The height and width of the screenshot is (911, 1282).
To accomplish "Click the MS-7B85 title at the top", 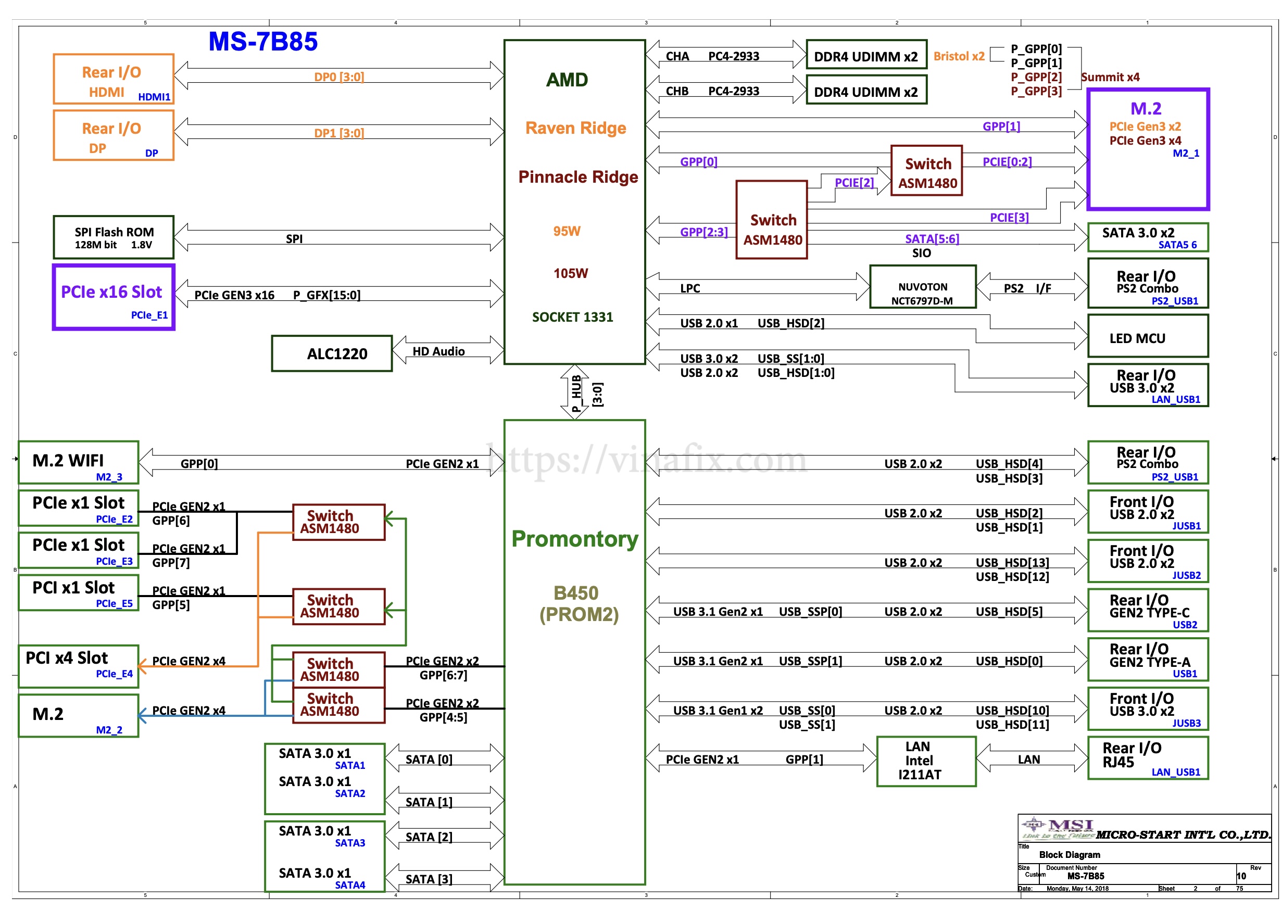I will [262, 42].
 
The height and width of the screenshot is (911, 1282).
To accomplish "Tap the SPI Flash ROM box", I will [114, 237].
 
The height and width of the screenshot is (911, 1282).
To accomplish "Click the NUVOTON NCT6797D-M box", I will [922, 287].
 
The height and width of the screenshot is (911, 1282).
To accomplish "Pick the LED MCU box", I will [1147, 337].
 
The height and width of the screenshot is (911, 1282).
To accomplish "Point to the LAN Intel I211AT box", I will [926, 761].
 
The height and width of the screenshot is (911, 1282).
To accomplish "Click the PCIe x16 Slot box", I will [114, 297].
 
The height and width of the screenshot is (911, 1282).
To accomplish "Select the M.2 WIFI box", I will [79, 462].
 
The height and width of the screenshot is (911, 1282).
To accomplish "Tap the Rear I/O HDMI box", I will [114, 79].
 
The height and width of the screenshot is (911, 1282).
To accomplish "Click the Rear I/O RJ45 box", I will [1147, 758].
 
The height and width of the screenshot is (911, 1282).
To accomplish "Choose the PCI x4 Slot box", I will [79, 666].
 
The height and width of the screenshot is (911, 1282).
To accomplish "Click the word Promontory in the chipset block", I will [574, 539].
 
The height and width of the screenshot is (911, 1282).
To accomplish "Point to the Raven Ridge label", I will [575, 128].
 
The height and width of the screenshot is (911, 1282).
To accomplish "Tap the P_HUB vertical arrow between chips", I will [574, 393].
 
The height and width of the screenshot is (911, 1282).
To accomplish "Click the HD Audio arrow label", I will [439, 352].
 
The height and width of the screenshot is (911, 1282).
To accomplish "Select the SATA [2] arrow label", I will [429, 837].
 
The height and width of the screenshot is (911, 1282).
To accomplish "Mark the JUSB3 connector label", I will [1186, 724].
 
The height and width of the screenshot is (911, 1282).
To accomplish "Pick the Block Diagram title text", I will [1069, 855].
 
